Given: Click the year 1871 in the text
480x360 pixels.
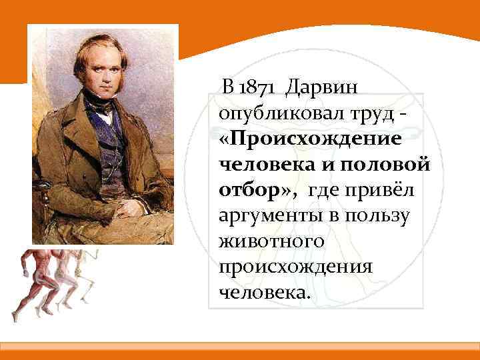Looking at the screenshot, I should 259,87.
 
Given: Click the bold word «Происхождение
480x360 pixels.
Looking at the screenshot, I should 309,138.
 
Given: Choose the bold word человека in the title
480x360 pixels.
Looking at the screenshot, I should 261,163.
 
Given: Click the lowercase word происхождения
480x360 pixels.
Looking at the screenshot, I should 293,266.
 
